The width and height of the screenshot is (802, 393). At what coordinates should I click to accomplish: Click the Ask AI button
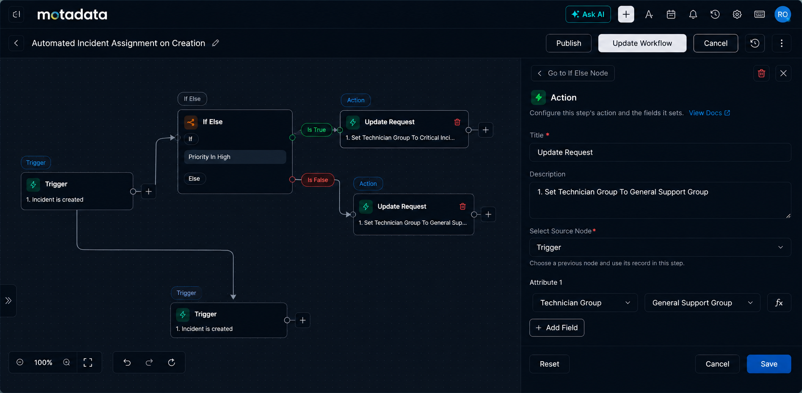coord(588,14)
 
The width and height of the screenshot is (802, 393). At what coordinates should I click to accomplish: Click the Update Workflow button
coord(642,43)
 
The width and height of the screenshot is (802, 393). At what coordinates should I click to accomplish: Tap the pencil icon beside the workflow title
coord(216,43)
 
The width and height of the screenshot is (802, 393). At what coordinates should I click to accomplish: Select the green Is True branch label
coord(316,130)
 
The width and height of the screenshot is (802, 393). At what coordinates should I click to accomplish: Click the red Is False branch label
coord(318,180)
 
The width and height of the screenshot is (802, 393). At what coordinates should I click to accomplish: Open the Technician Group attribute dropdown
coord(585,303)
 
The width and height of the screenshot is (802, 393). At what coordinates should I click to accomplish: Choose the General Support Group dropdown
coord(702,303)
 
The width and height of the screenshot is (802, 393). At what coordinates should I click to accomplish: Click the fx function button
coord(779,303)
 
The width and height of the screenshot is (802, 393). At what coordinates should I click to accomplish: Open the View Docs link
coord(709,113)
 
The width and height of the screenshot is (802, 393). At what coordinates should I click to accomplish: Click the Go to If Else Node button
coord(573,73)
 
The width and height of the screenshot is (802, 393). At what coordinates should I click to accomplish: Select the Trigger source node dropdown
coord(660,248)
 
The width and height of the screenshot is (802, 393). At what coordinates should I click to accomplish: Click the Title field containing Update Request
coord(660,153)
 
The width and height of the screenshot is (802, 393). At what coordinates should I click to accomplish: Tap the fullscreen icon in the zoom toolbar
coord(88,363)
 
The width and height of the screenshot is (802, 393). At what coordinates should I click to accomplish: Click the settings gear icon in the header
coord(737,14)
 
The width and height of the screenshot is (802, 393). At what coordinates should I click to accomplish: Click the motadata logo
coord(72,15)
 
